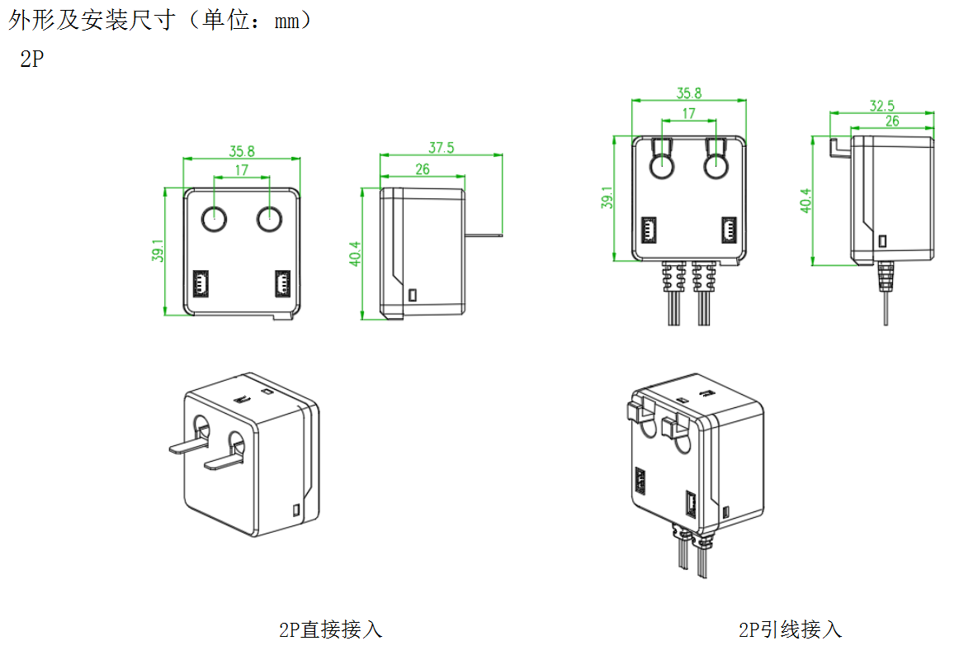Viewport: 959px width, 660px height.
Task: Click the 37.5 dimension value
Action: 441,148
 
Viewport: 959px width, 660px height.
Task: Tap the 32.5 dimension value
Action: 882,106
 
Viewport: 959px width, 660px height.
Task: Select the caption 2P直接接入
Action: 330,629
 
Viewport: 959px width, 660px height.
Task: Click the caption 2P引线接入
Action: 790,629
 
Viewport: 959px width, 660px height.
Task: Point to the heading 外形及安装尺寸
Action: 92,20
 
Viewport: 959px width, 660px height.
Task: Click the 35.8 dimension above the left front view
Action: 242,151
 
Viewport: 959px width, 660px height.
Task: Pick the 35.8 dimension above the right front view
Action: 688,93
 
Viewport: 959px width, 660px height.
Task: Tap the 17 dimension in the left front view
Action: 242,169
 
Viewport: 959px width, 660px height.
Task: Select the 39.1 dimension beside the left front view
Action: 158,250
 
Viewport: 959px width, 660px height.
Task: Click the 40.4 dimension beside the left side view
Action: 355,254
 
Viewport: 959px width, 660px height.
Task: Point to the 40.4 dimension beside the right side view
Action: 806,201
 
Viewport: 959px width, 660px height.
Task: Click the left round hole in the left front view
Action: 214,219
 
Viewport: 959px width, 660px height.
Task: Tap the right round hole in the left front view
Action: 269,219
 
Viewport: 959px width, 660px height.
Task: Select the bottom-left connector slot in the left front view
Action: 201,283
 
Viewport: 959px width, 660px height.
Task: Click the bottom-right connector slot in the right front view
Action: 729,230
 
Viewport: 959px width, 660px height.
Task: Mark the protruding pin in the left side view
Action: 484,234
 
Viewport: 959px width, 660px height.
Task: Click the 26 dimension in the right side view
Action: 892,121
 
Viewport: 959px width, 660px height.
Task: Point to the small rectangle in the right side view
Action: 882,241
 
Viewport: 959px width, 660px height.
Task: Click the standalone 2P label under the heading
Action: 32,59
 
